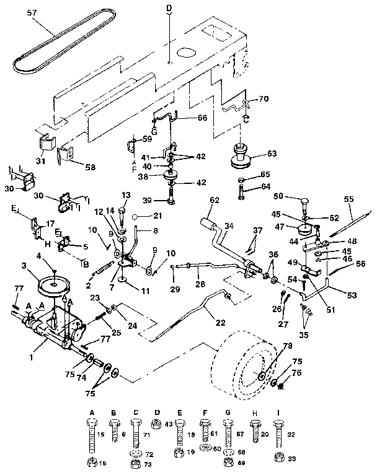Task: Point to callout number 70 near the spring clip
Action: pyautogui.click(x=264, y=97)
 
